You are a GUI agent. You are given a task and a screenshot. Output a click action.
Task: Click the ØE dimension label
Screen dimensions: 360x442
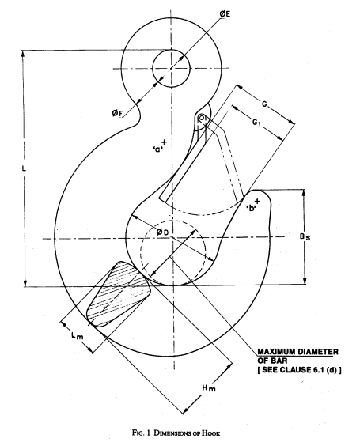pyautogui.click(x=225, y=13)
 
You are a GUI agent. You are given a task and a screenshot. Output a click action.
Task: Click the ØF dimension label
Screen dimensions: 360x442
pyautogui.click(x=117, y=113)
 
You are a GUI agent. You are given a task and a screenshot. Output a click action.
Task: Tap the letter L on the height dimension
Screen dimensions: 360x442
pyautogui.click(x=24, y=168)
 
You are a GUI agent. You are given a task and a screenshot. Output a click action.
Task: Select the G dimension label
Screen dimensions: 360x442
pyautogui.click(x=264, y=104)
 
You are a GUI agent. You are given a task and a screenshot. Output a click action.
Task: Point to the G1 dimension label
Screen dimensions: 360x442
pyautogui.click(x=256, y=122)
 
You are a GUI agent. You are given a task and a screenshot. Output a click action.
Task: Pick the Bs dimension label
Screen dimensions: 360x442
pyautogui.click(x=305, y=236)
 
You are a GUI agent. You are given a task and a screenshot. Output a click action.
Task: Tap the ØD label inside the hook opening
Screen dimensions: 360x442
pyautogui.click(x=163, y=232)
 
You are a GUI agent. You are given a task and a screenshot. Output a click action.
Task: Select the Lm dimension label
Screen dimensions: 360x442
pyautogui.click(x=78, y=336)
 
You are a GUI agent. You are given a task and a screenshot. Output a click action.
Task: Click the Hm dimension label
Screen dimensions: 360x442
pyautogui.click(x=209, y=388)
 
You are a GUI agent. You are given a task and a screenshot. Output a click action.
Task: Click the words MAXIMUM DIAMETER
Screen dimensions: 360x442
pyautogui.click(x=297, y=352)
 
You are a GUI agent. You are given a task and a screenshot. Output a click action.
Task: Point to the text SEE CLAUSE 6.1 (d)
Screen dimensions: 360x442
pyautogui.click(x=299, y=370)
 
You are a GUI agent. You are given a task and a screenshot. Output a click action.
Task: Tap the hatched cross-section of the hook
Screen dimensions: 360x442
pyautogui.click(x=119, y=294)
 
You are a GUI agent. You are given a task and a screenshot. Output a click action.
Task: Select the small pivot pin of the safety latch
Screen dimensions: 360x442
pyautogui.click(x=202, y=118)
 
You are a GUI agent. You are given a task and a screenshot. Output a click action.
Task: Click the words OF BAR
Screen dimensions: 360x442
pyautogui.click(x=272, y=361)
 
